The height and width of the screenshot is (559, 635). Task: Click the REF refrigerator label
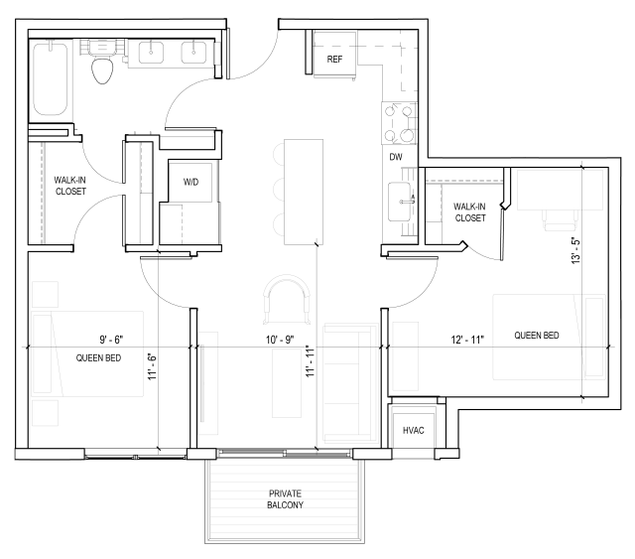point(334,60)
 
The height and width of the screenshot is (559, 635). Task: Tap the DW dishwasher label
point(396,158)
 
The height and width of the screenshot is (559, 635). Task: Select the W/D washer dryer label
point(190,182)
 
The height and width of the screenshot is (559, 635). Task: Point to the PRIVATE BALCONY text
point(285,499)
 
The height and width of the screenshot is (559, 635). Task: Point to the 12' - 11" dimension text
point(466,340)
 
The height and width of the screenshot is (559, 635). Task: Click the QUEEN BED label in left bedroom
point(98,357)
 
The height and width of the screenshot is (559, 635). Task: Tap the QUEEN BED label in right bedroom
point(536,336)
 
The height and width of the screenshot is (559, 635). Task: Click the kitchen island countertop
point(301,191)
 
